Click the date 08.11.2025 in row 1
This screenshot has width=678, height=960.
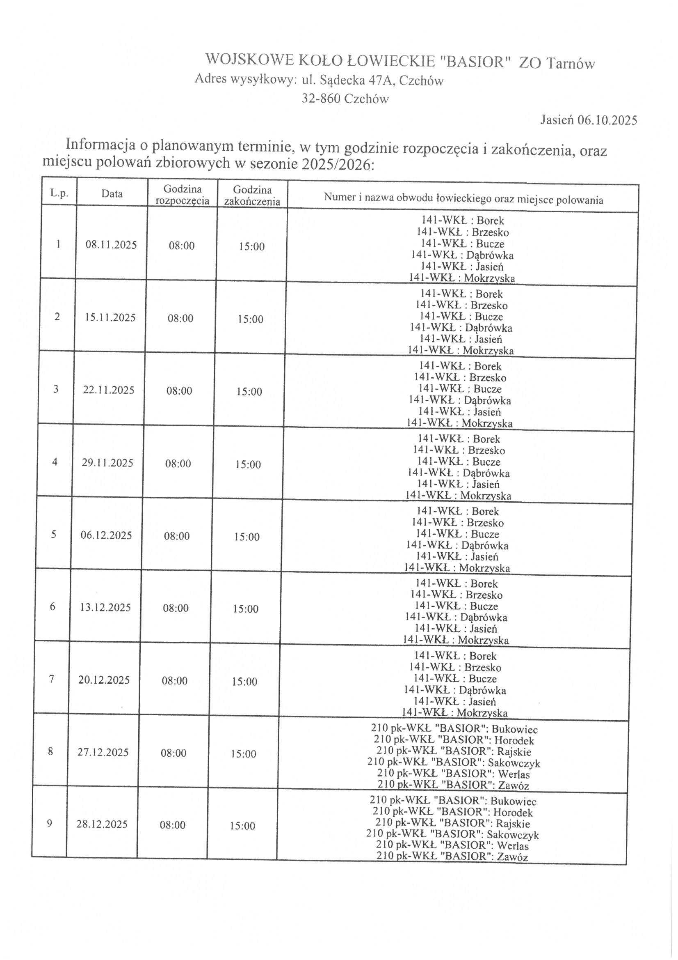111,245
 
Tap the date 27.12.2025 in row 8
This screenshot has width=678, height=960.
103,752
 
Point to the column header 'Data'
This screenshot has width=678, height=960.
112,193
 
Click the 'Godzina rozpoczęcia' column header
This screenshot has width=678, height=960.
182,195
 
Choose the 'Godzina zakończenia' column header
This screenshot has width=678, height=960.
252,196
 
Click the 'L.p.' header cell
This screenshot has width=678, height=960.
59,193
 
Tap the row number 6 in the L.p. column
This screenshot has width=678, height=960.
53,607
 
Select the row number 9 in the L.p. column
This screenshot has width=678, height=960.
50,824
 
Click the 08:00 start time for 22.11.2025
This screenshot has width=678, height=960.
179,391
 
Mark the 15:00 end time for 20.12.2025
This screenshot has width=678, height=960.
244,682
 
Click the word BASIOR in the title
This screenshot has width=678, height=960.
476,62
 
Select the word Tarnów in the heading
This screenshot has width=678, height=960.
571,64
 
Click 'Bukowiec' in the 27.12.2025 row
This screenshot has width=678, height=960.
515,730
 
